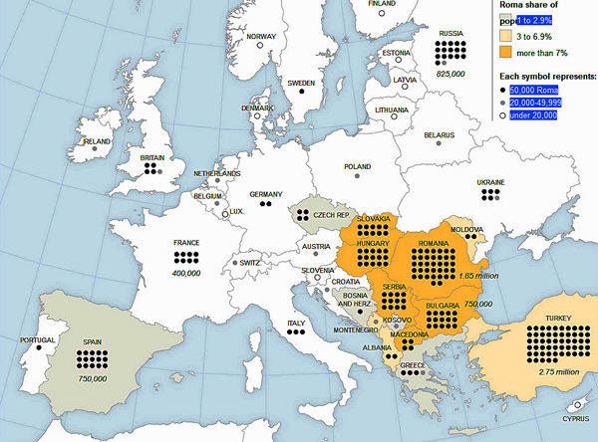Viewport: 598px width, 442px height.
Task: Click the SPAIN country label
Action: (x=94, y=340)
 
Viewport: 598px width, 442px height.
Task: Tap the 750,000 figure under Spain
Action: (x=94, y=378)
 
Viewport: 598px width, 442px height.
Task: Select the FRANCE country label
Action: (x=186, y=242)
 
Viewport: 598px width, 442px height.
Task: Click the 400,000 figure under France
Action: (x=186, y=272)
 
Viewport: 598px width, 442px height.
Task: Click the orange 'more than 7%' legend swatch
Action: (x=508, y=52)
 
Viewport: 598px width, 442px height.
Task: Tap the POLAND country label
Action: (x=357, y=167)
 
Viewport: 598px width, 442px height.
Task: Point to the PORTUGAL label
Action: (x=24, y=340)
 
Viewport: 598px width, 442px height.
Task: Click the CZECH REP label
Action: (x=331, y=215)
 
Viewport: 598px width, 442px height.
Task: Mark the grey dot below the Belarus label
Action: (x=438, y=145)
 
